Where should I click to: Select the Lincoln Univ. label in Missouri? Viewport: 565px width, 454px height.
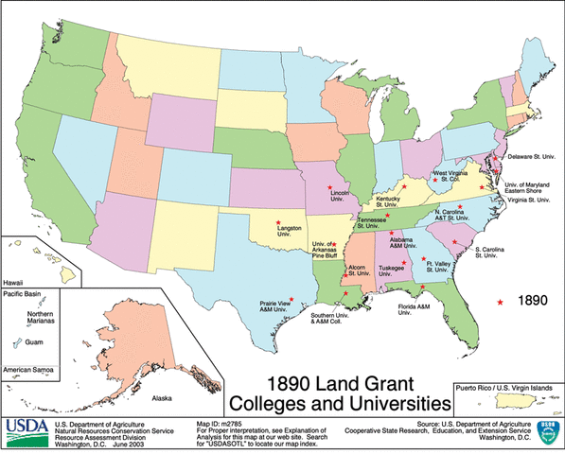tap(342, 196)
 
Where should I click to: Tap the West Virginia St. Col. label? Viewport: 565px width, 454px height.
tap(453, 177)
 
